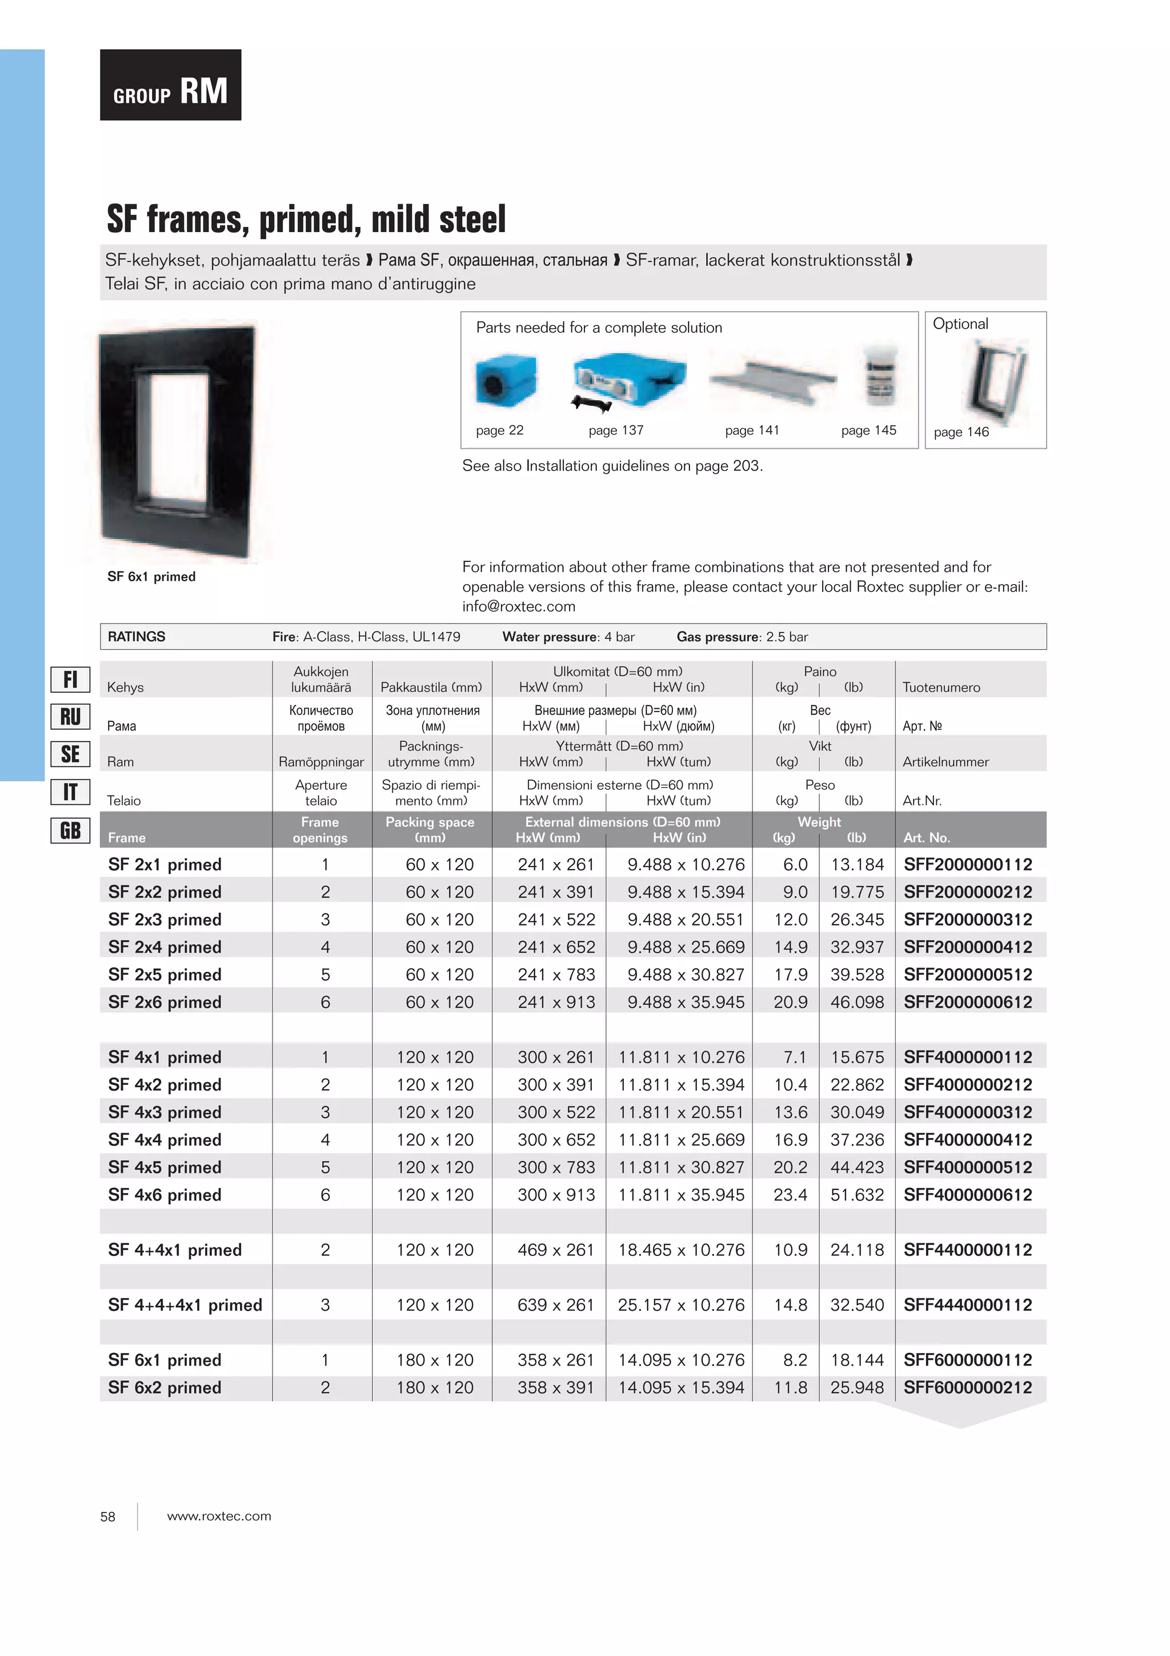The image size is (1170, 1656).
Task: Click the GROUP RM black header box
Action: click(170, 85)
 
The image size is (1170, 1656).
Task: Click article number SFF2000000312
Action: click(967, 920)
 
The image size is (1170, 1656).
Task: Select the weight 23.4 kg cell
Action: click(790, 1195)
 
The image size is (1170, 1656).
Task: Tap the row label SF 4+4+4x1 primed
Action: click(185, 1305)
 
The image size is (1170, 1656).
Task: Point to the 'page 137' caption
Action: click(616, 430)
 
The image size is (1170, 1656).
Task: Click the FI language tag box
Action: click(70, 680)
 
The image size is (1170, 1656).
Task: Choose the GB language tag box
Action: click(70, 830)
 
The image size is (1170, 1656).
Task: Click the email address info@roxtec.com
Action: click(518, 606)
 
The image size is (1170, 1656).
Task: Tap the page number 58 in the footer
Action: click(107, 1517)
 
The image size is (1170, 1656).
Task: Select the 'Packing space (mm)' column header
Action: click(430, 829)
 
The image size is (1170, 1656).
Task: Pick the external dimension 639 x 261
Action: click(555, 1305)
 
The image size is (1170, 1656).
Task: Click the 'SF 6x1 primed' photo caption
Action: click(151, 577)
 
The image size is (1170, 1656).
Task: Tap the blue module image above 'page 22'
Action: click(506, 381)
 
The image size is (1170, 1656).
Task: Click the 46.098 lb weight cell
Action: click(856, 1002)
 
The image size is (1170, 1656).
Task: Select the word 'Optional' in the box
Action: click(960, 324)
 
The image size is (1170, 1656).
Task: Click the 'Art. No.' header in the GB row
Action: click(926, 837)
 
